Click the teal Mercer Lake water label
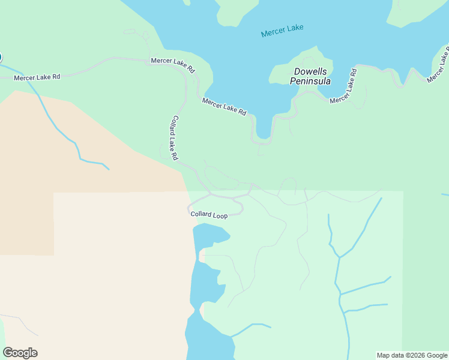[x=282, y=31]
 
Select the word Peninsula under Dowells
[x=310, y=81]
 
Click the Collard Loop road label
[x=209, y=215]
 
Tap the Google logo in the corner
[x=20, y=353]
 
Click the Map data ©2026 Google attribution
[x=412, y=355]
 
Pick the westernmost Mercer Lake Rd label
[x=37, y=77]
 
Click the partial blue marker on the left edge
[x=1, y=58]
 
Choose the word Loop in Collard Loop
[x=219, y=215]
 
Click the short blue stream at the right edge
[x=445, y=194]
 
